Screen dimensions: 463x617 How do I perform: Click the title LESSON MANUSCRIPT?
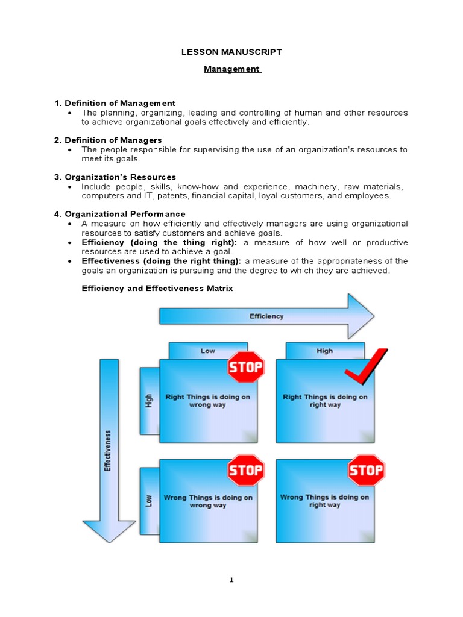click(x=231, y=52)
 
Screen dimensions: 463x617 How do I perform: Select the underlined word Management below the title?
click(x=231, y=69)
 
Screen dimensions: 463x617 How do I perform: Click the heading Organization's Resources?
click(x=120, y=177)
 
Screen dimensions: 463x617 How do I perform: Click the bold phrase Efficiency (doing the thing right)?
click(x=159, y=242)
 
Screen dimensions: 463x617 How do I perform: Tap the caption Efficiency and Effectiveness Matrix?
click(x=157, y=289)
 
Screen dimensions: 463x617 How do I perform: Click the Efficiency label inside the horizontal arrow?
click(x=266, y=316)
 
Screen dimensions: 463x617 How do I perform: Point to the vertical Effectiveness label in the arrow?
click(x=108, y=450)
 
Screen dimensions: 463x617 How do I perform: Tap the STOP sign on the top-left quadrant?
click(x=245, y=367)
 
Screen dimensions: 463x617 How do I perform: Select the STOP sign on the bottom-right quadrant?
click(x=366, y=470)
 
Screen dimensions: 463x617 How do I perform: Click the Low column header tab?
click(x=208, y=351)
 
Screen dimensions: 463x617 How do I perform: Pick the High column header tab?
click(x=324, y=351)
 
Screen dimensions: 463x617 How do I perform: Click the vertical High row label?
click(x=149, y=401)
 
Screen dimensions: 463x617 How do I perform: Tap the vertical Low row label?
click(x=149, y=501)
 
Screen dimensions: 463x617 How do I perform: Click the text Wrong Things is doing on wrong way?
click(x=208, y=501)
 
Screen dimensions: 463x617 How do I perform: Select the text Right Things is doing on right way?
click(x=324, y=401)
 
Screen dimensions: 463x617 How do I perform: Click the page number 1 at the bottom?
click(x=231, y=580)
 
